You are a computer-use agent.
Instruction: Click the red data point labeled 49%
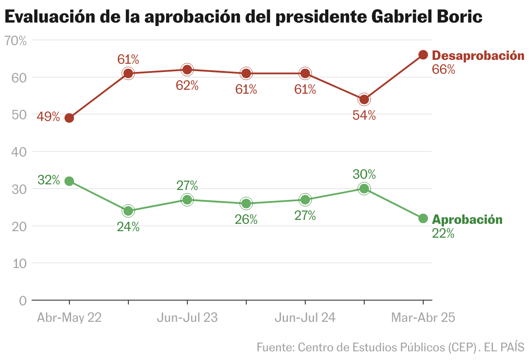pos(69,118)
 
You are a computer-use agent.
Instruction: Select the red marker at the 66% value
pos(423,55)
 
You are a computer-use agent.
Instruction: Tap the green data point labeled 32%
pos(69,181)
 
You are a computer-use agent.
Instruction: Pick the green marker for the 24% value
pos(128,211)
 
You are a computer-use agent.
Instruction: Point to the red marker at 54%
pos(364,99)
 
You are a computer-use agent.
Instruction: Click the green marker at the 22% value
pos(423,218)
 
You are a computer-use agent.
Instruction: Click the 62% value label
pos(187,85)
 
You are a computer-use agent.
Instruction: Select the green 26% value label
pos(246,219)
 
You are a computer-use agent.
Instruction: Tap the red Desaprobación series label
pos(478,56)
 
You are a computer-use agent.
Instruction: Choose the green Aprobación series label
pos(467,219)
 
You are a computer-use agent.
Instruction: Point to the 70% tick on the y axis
pos(16,41)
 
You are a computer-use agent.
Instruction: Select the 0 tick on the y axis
pos(23,301)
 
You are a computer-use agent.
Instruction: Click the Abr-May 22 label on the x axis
pos(69,318)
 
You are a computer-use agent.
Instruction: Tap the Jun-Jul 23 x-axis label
pos(187,318)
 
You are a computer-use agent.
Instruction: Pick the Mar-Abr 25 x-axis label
pos(423,318)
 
